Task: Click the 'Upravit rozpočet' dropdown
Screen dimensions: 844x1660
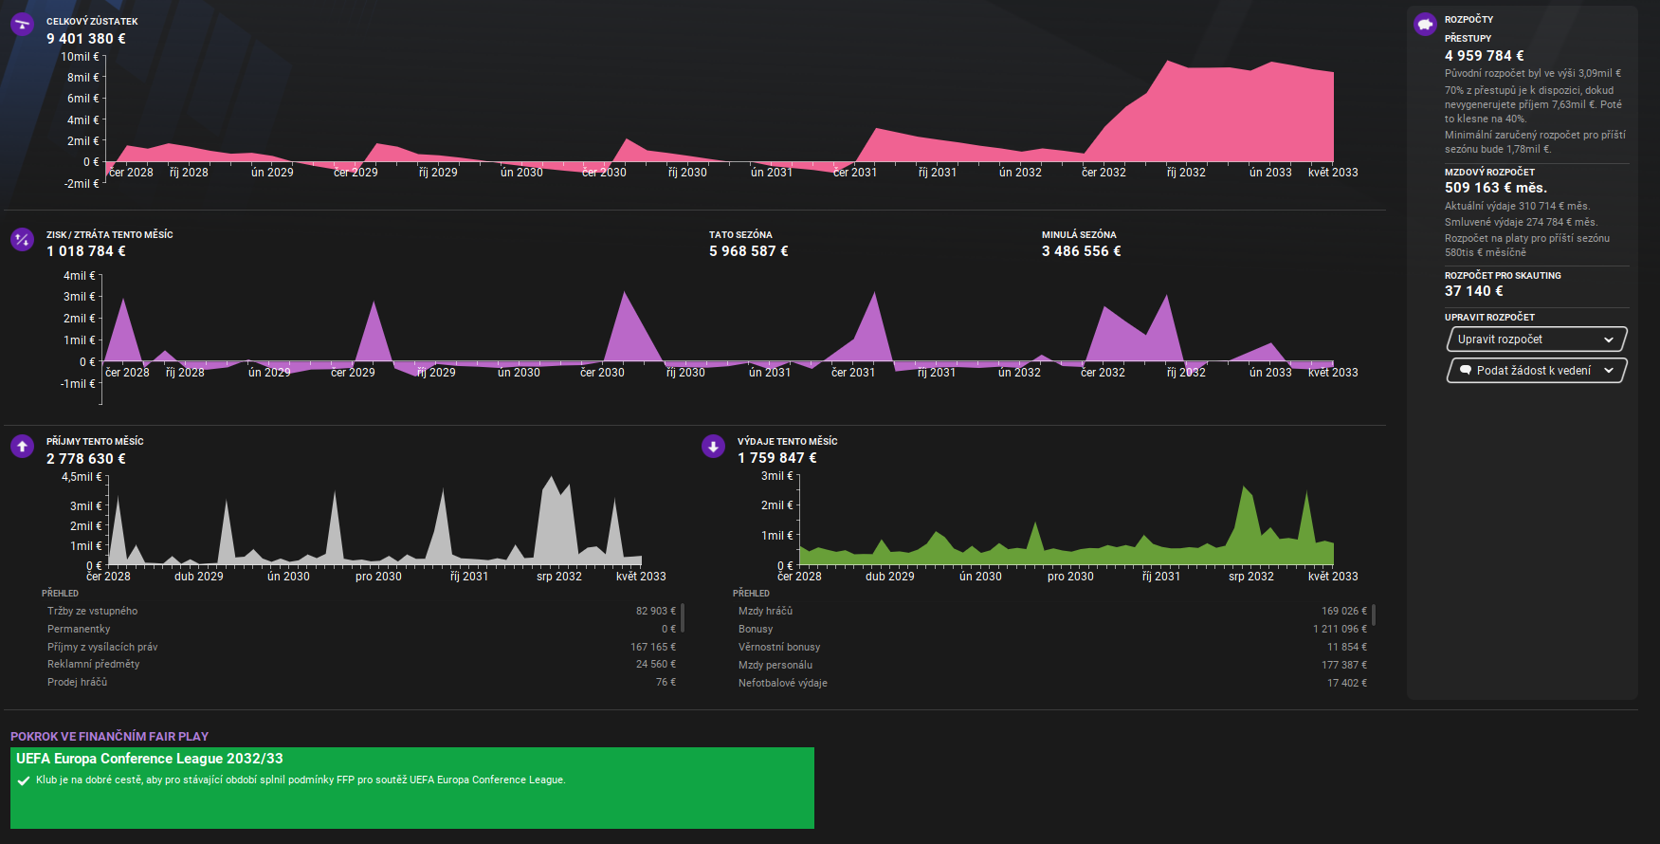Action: [x=1536, y=339]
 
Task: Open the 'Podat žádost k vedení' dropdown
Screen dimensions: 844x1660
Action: [x=1536, y=371]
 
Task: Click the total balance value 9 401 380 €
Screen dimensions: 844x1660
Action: [x=86, y=39]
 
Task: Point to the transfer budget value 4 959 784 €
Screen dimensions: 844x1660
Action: [x=1484, y=56]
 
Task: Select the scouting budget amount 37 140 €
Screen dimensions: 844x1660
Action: [x=1473, y=291]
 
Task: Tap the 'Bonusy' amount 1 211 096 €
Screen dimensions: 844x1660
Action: [x=1340, y=629]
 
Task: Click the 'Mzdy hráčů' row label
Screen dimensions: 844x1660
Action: [x=765, y=612]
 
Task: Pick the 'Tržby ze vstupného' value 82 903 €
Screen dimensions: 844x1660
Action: [x=655, y=612]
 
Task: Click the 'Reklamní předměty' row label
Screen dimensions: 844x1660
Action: [x=93, y=664]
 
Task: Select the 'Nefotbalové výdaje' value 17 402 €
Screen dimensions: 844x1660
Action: [x=1346, y=683]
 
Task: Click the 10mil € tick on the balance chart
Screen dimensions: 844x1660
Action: [x=80, y=57]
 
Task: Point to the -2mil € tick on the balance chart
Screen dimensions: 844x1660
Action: [x=82, y=184]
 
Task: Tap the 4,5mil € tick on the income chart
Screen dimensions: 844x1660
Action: [x=82, y=477]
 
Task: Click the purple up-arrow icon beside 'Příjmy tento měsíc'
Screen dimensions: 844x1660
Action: [x=22, y=446]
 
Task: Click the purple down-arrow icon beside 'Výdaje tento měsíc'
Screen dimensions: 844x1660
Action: [x=713, y=446]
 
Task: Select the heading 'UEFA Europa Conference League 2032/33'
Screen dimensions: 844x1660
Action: [x=150, y=759]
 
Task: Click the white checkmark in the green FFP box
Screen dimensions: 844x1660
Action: [x=24, y=780]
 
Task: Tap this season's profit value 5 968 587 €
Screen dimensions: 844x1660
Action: [x=748, y=251]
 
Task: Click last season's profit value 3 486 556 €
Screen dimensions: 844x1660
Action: [x=1081, y=251]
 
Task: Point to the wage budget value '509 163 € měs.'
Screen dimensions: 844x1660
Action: [x=1495, y=188]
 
